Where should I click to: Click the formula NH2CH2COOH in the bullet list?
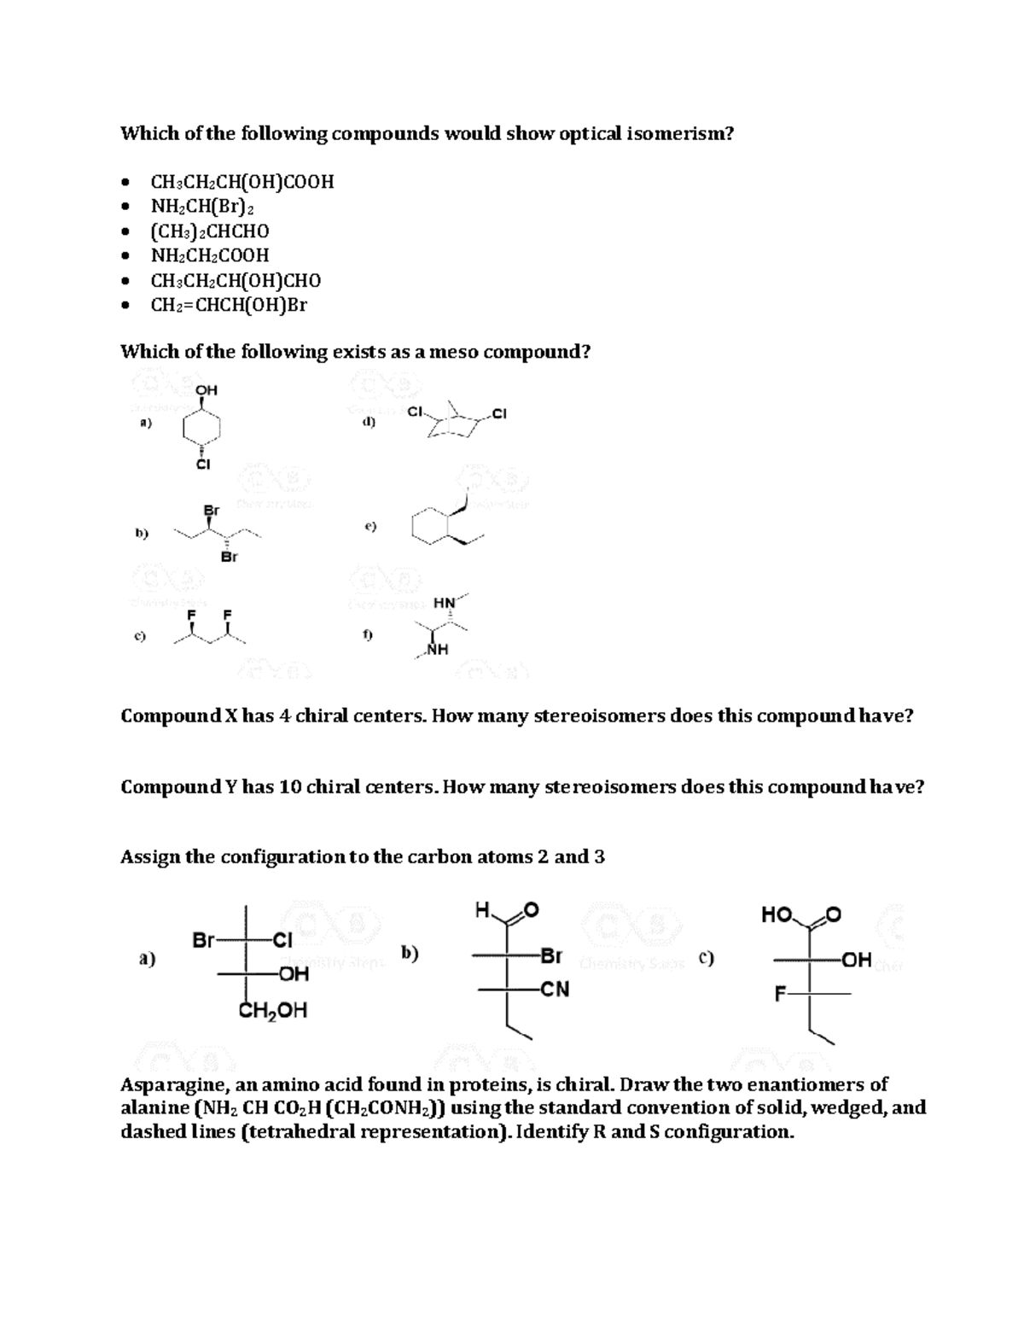(x=209, y=255)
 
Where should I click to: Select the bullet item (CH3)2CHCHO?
(x=209, y=231)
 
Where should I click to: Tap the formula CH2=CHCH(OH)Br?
(x=229, y=305)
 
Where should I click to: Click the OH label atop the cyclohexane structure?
(x=207, y=390)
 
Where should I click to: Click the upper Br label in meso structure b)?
(x=212, y=510)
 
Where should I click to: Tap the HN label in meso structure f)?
(x=444, y=603)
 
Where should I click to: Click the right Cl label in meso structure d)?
(x=499, y=415)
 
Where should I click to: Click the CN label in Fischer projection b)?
(x=555, y=990)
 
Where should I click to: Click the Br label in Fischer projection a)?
(x=203, y=941)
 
